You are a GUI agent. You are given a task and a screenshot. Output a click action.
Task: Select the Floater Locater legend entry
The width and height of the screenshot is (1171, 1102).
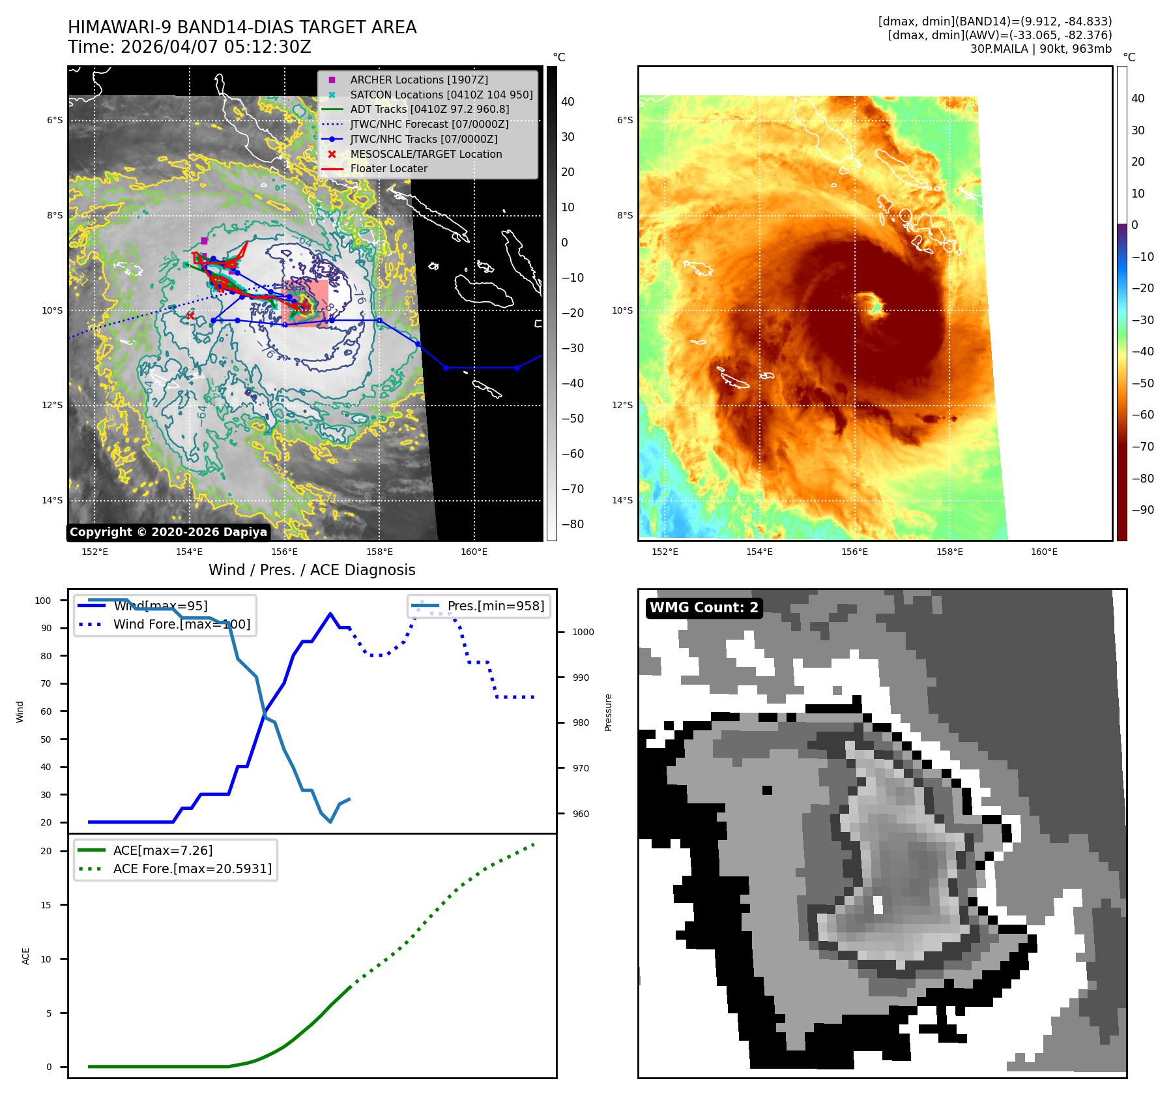pyautogui.click(x=388, y=168)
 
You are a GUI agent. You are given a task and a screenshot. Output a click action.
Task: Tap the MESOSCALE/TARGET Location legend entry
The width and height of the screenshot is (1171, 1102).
pyautogui.click(x=426, y=154)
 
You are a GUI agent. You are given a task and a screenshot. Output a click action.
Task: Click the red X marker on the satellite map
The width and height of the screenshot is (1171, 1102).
pyautogui.click(x=190, y=316)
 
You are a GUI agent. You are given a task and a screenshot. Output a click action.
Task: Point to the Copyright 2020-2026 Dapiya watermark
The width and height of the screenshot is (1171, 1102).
pyautogui.click(x=168, y=532)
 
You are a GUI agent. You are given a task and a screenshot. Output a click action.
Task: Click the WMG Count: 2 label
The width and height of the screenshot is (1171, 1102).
pyautogui.click(x=704, y=608)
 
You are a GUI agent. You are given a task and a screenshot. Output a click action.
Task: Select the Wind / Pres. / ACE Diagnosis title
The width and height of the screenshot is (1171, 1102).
pyautogui.click(x=311, y=570)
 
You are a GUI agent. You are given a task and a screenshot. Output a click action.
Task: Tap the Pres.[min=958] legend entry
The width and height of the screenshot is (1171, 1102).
pyautogui.click(x=495, y=606)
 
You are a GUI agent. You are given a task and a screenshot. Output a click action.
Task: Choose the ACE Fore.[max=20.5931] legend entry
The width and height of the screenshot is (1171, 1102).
pyautogui.click(x=192, y=869)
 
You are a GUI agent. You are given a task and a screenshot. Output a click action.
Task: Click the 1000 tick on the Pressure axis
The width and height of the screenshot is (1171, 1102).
pyautogui.click(x=583, y=632)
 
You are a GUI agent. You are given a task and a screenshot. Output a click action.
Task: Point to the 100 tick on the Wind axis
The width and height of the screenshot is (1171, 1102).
pyautogui.click(x=43, y=601)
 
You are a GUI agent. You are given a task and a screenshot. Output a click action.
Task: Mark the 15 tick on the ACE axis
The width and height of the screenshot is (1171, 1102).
pyautogui.click(x=46, y=905)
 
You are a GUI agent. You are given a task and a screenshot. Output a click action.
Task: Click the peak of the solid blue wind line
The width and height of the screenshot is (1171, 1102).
pyautogui.click(x=330, y=614)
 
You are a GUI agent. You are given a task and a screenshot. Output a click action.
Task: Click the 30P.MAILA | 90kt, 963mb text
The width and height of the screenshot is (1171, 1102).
pyautogui.click(x=1041, y=49)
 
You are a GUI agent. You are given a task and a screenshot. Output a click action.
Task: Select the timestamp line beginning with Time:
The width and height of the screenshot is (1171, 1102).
pyautogui.click(x=190, y=47)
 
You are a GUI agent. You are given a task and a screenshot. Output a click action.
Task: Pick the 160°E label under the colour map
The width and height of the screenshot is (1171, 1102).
pyautogui.click(x=1044, y=552)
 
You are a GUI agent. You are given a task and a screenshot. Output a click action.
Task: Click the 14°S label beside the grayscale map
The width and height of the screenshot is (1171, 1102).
pyautogui.click(x=53, y=500)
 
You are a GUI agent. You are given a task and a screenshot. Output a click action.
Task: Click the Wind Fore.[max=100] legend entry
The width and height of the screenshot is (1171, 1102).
pyautogui.click(x=181, y=624)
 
